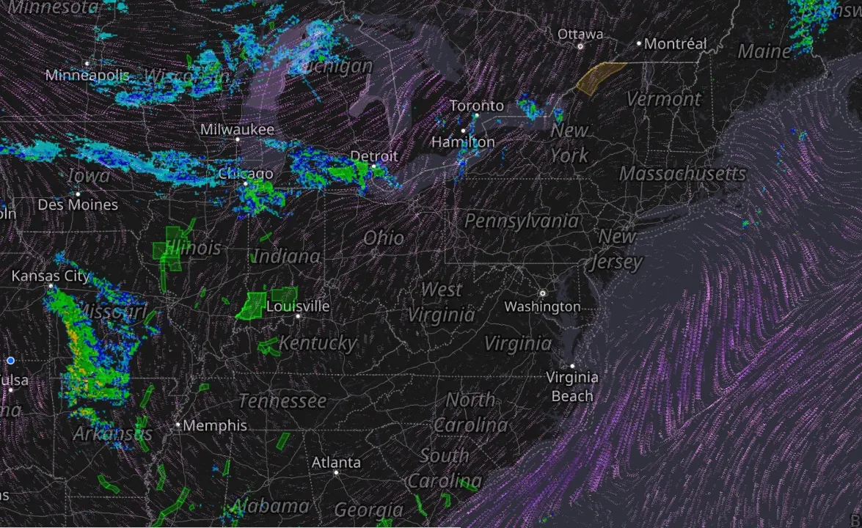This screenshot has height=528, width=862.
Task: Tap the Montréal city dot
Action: (639, 43)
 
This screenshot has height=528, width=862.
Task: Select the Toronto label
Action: (476, 106)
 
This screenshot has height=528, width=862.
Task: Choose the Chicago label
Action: (246, 174)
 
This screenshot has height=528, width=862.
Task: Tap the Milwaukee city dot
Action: (237, 139)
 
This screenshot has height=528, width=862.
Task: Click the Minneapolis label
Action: (87, 75)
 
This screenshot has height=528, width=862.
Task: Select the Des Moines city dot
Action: (78, 194)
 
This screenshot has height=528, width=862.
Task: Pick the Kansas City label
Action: (50, 276)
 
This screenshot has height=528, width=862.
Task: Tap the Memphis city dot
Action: (178, 425)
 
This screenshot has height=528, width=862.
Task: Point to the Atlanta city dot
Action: (336, 473)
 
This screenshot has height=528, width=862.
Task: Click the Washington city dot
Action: (543, 293)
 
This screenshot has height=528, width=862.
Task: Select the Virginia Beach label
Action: (572, 386)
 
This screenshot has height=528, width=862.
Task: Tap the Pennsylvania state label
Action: (521, 221)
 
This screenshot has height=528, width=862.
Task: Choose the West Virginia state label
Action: (442, 302)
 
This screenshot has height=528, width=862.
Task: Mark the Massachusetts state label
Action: (682, 174)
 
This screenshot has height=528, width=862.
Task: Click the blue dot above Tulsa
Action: (10, 360)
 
